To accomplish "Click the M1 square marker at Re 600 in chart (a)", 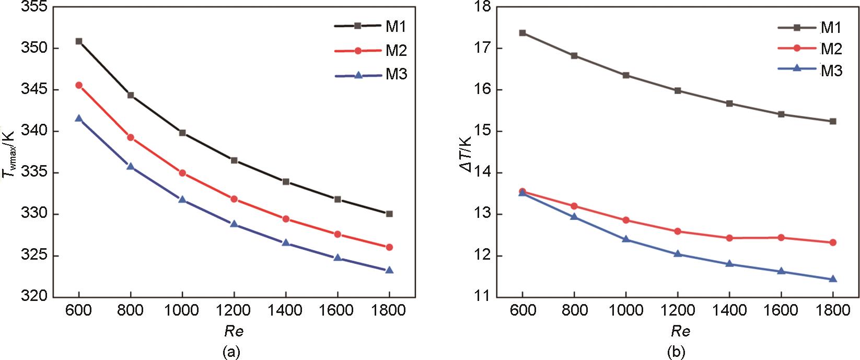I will [x=79, y=41].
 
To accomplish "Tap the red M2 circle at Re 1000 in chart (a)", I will [x=182, y=173].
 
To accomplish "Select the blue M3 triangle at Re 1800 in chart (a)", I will [x=389, y=270].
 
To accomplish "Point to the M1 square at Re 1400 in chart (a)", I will [x=286, y=182].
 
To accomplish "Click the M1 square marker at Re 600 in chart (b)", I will [x=522, y=33].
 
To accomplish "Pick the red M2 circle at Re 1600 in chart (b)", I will [x=781, y=237].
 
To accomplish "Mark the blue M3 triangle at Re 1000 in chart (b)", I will [x=626, y=239].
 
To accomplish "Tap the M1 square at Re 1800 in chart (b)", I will [x=833, y=121].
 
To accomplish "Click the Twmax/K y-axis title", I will [x=9, y=155].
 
